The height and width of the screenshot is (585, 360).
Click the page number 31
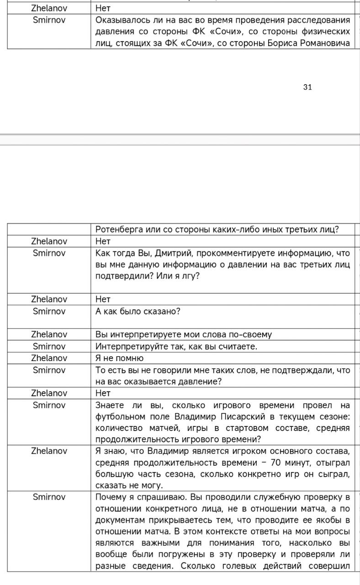pos(307,87)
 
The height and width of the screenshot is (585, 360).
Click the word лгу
pos(188,277)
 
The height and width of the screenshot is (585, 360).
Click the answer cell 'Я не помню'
pos(120,358)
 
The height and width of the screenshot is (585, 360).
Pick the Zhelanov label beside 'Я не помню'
pos(49,358)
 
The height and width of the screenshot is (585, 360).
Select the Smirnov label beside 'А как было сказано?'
pos(49,311)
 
